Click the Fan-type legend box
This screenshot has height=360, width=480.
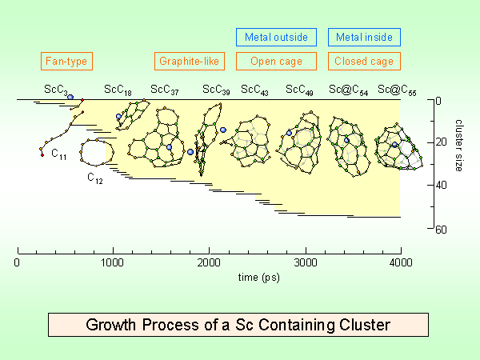tap(66, 61)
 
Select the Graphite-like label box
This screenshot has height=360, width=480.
tap(190, 61)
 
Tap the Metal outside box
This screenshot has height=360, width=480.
tap(271, 37)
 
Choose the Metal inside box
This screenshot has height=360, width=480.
tap(364, 37)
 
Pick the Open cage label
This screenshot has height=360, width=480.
tap(271, 61)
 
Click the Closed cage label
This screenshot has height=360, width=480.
tap(364, 61)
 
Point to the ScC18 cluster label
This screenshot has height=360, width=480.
tap(118, 89)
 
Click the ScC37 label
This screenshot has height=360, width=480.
tap(164, 89)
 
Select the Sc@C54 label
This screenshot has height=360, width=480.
tap(348, 89)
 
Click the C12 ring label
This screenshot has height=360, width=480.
tap(94, 178)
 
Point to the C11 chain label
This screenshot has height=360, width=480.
tap(59, 154)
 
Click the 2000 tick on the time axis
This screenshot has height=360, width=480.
tap(209, 262)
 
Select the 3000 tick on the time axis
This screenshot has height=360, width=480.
tap(305, 262)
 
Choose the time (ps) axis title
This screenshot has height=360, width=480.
tap(209, 277)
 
